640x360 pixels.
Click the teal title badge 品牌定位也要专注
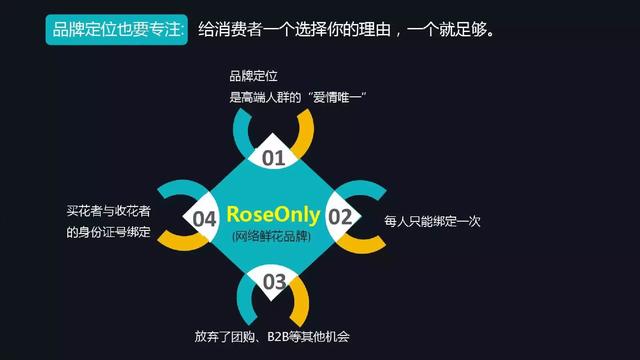click(x=117, y=29)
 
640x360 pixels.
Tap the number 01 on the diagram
click(x=273, y=158)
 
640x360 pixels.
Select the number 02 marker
click(x=340, y=217)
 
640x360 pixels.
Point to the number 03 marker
click(x=274, y=282)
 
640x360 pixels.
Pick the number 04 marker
click(x=204, y=219)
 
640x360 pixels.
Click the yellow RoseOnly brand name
click(x=273, y=215)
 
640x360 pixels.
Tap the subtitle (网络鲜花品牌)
click(x=271, y=236)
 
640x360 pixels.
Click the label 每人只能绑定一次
click(x=432, y=221)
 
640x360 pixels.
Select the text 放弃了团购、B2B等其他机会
click(x=272, y=336)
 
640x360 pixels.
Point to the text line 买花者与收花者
click(x=109, y=211)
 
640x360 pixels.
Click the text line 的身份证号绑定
click(x=109, y=232)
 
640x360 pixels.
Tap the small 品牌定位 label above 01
click(x=253, y=76)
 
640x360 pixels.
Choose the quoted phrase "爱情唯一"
click(x=337, y=97)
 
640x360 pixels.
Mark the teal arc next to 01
click(x=240, y=133)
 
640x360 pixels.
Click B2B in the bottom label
click(x=278, y=337)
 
